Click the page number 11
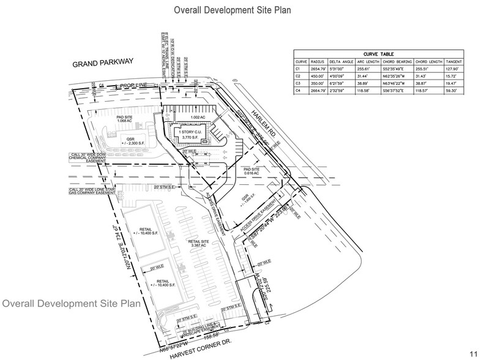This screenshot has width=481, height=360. [473, 354]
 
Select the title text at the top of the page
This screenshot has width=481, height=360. [232, 10]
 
